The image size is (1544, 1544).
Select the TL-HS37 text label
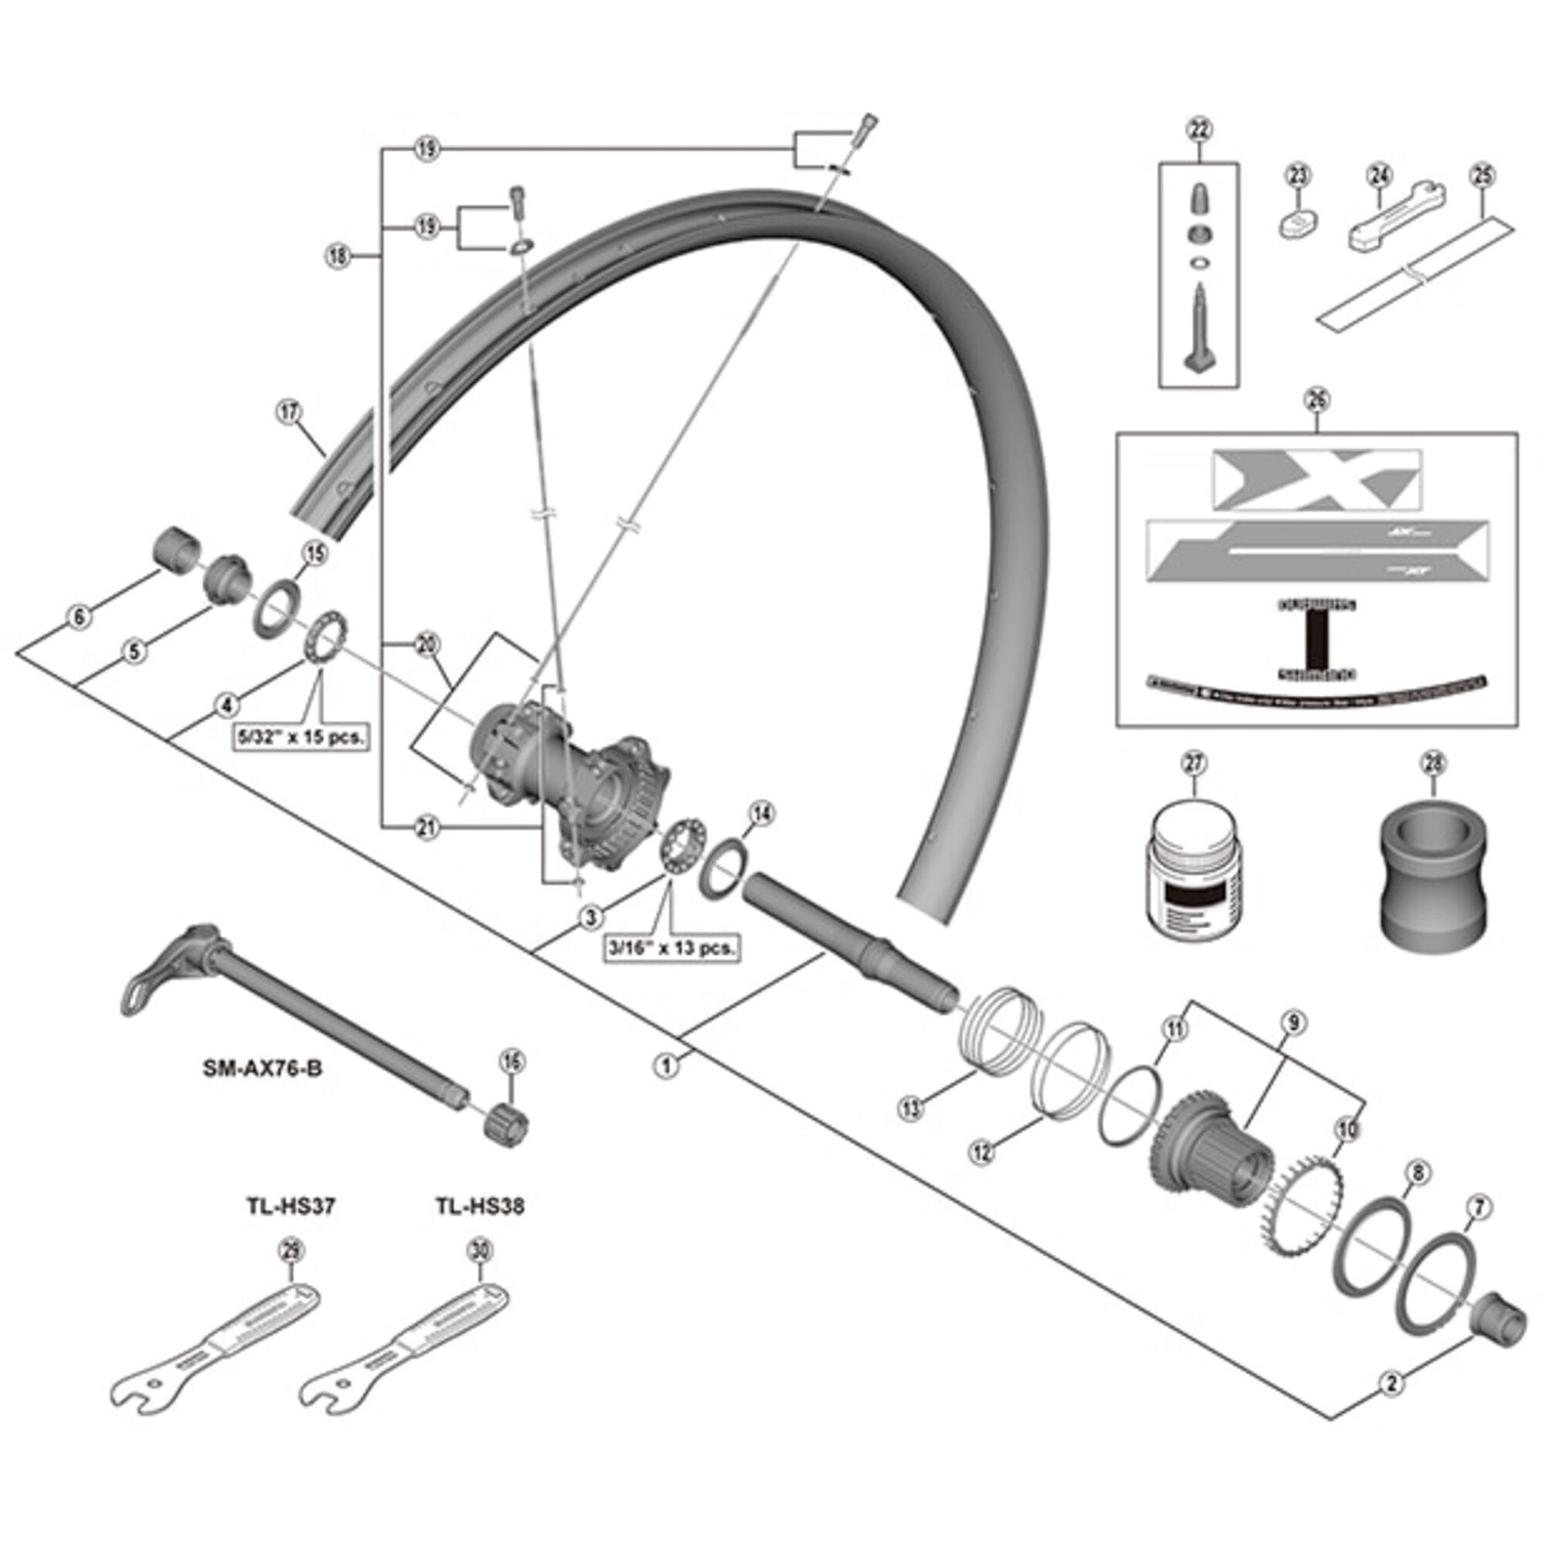click(x=290, y=1206)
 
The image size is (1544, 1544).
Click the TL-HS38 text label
click(x=479, y=1206)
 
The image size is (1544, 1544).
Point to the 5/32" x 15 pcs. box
click(x=301, y=736)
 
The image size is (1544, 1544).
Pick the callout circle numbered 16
click(x=512, y=1062)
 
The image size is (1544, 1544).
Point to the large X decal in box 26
click(x=1316, y=479)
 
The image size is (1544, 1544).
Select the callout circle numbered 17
click(x=289, y=412)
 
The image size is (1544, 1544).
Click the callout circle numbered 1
click(x=666, y=1065)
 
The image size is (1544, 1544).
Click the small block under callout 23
click(x=1297, y=225)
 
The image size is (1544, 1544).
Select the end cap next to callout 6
click(x=174, y=549)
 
